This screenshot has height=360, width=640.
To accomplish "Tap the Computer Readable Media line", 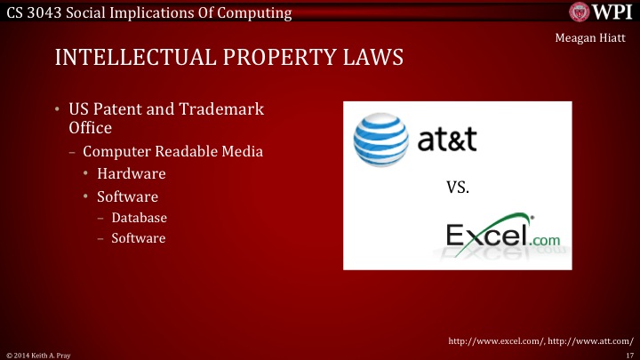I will (172, 151).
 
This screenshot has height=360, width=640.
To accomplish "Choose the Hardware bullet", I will (132, 173).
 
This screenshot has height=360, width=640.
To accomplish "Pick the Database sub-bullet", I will (139, 218).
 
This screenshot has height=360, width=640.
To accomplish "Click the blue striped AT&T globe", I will (381, 140).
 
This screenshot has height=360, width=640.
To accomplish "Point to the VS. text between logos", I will (456, 188).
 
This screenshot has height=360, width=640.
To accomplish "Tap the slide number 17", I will (628, 354).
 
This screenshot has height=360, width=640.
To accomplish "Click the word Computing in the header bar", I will (257, 12).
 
